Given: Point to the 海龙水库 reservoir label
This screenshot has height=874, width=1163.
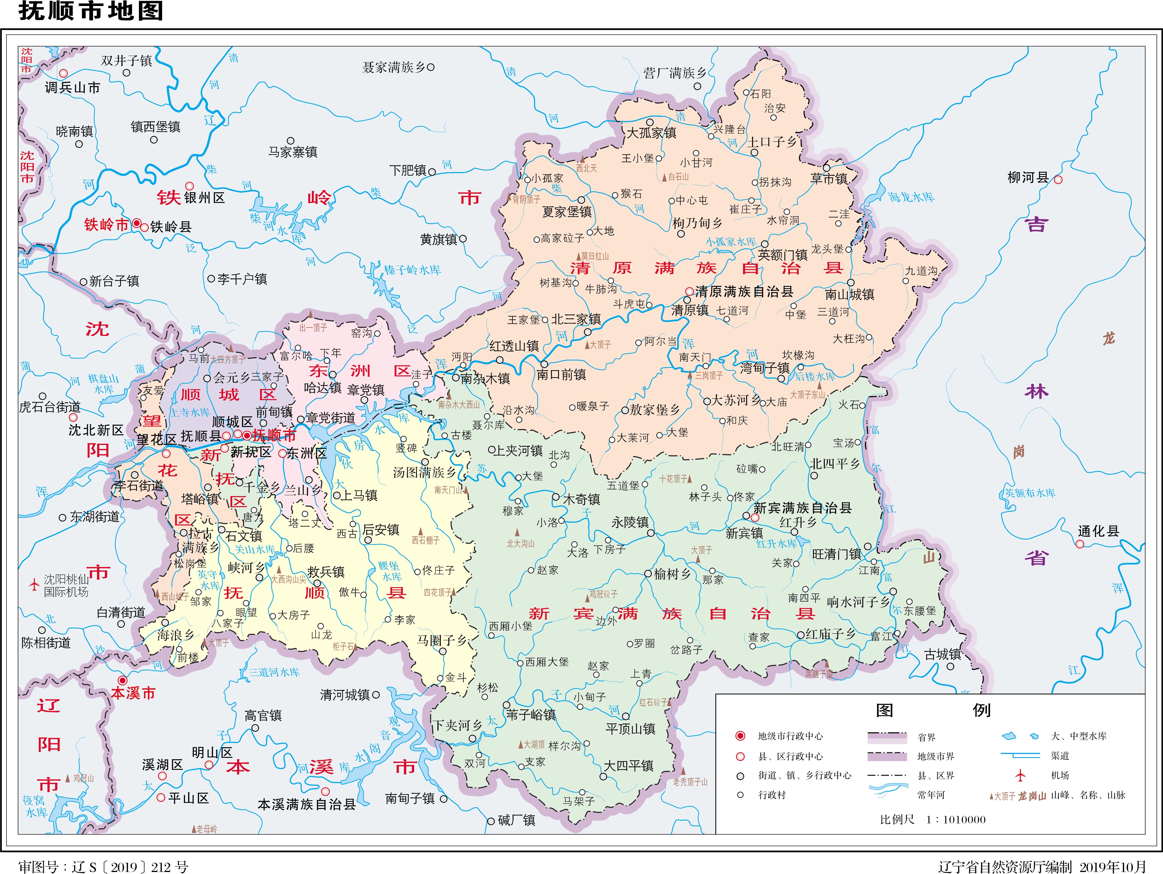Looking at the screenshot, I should [912, 197].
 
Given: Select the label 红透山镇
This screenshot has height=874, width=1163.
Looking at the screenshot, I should [514, 346].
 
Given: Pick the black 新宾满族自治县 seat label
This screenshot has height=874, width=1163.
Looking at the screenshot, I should [802, 508].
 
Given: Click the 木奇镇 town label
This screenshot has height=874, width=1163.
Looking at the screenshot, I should [581, 499].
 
